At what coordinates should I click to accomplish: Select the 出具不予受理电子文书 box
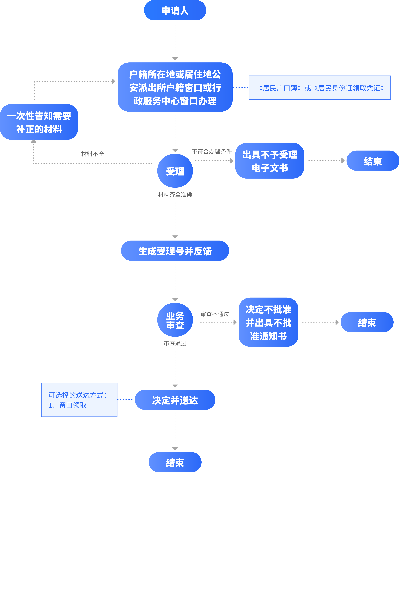270,161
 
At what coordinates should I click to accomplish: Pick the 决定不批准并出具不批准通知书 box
268,322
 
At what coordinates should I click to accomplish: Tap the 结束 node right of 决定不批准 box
367,322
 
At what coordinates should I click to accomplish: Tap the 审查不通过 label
215,314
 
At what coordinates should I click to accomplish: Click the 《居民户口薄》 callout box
319,88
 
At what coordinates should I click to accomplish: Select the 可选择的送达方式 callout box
79,400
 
